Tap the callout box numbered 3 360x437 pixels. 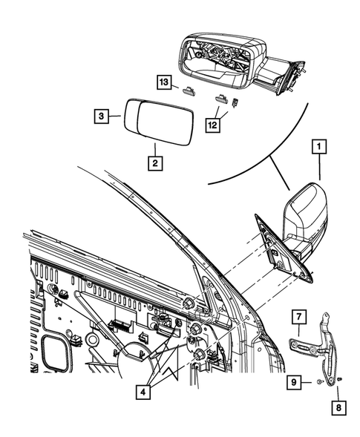102,116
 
